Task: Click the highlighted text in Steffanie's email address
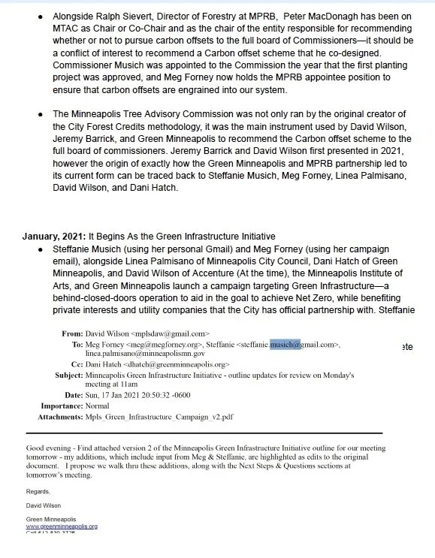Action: (x=286, y=344)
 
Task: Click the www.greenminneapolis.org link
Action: (x=62, y=526)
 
